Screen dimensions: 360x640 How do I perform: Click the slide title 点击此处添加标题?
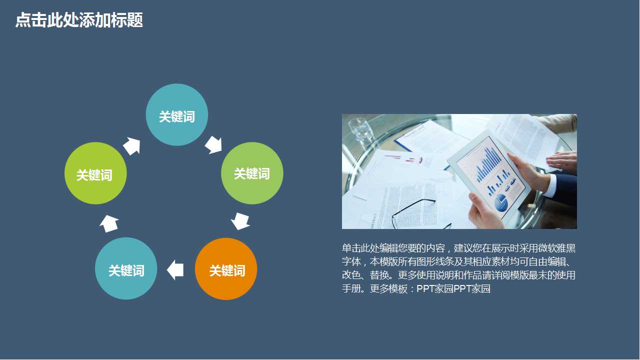coord(79,20)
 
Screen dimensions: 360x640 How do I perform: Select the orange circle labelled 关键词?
coord(226,269)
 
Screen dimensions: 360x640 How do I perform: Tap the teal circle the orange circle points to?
coord(126,269)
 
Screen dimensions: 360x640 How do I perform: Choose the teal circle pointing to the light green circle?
coord(177,115)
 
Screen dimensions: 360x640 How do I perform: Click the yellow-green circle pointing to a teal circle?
coord(95,173)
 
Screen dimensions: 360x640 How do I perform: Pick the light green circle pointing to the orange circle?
coord(252,173)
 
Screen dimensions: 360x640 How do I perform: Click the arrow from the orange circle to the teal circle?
coord(175,269)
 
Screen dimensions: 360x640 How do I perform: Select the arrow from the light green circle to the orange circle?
coord(240,220)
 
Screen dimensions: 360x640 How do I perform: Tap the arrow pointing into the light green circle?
coord(213,144)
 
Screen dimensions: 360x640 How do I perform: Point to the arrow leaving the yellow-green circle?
coord(131,145)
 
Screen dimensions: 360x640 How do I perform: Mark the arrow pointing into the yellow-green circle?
coord(109,223)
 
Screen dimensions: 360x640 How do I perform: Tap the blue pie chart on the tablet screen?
coord(500,203)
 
